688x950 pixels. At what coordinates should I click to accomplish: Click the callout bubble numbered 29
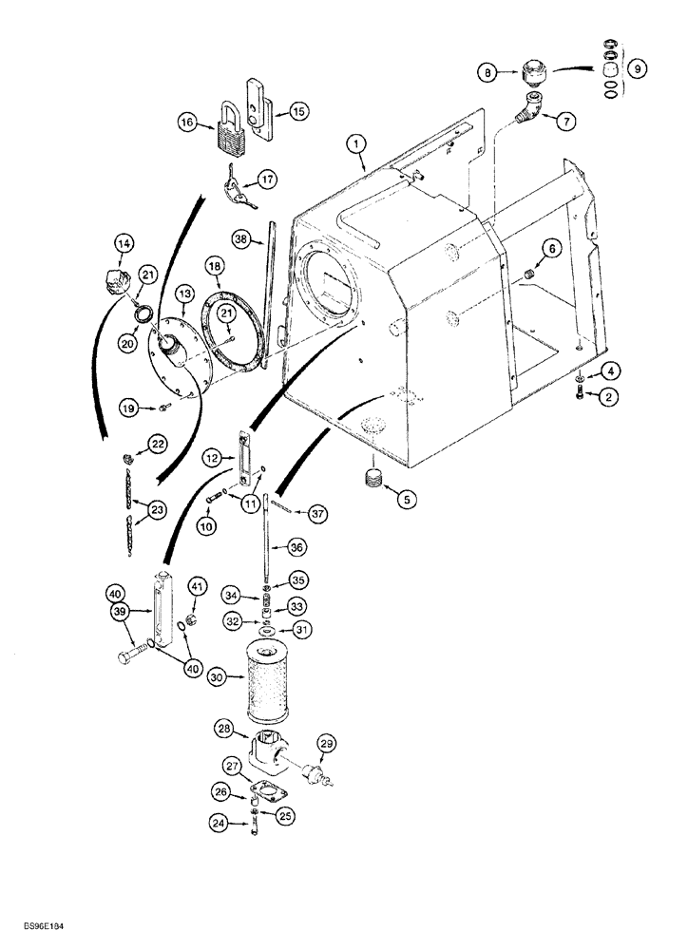(x=327, y=742)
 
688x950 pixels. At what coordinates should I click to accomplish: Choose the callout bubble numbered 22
(x=156, y=444)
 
